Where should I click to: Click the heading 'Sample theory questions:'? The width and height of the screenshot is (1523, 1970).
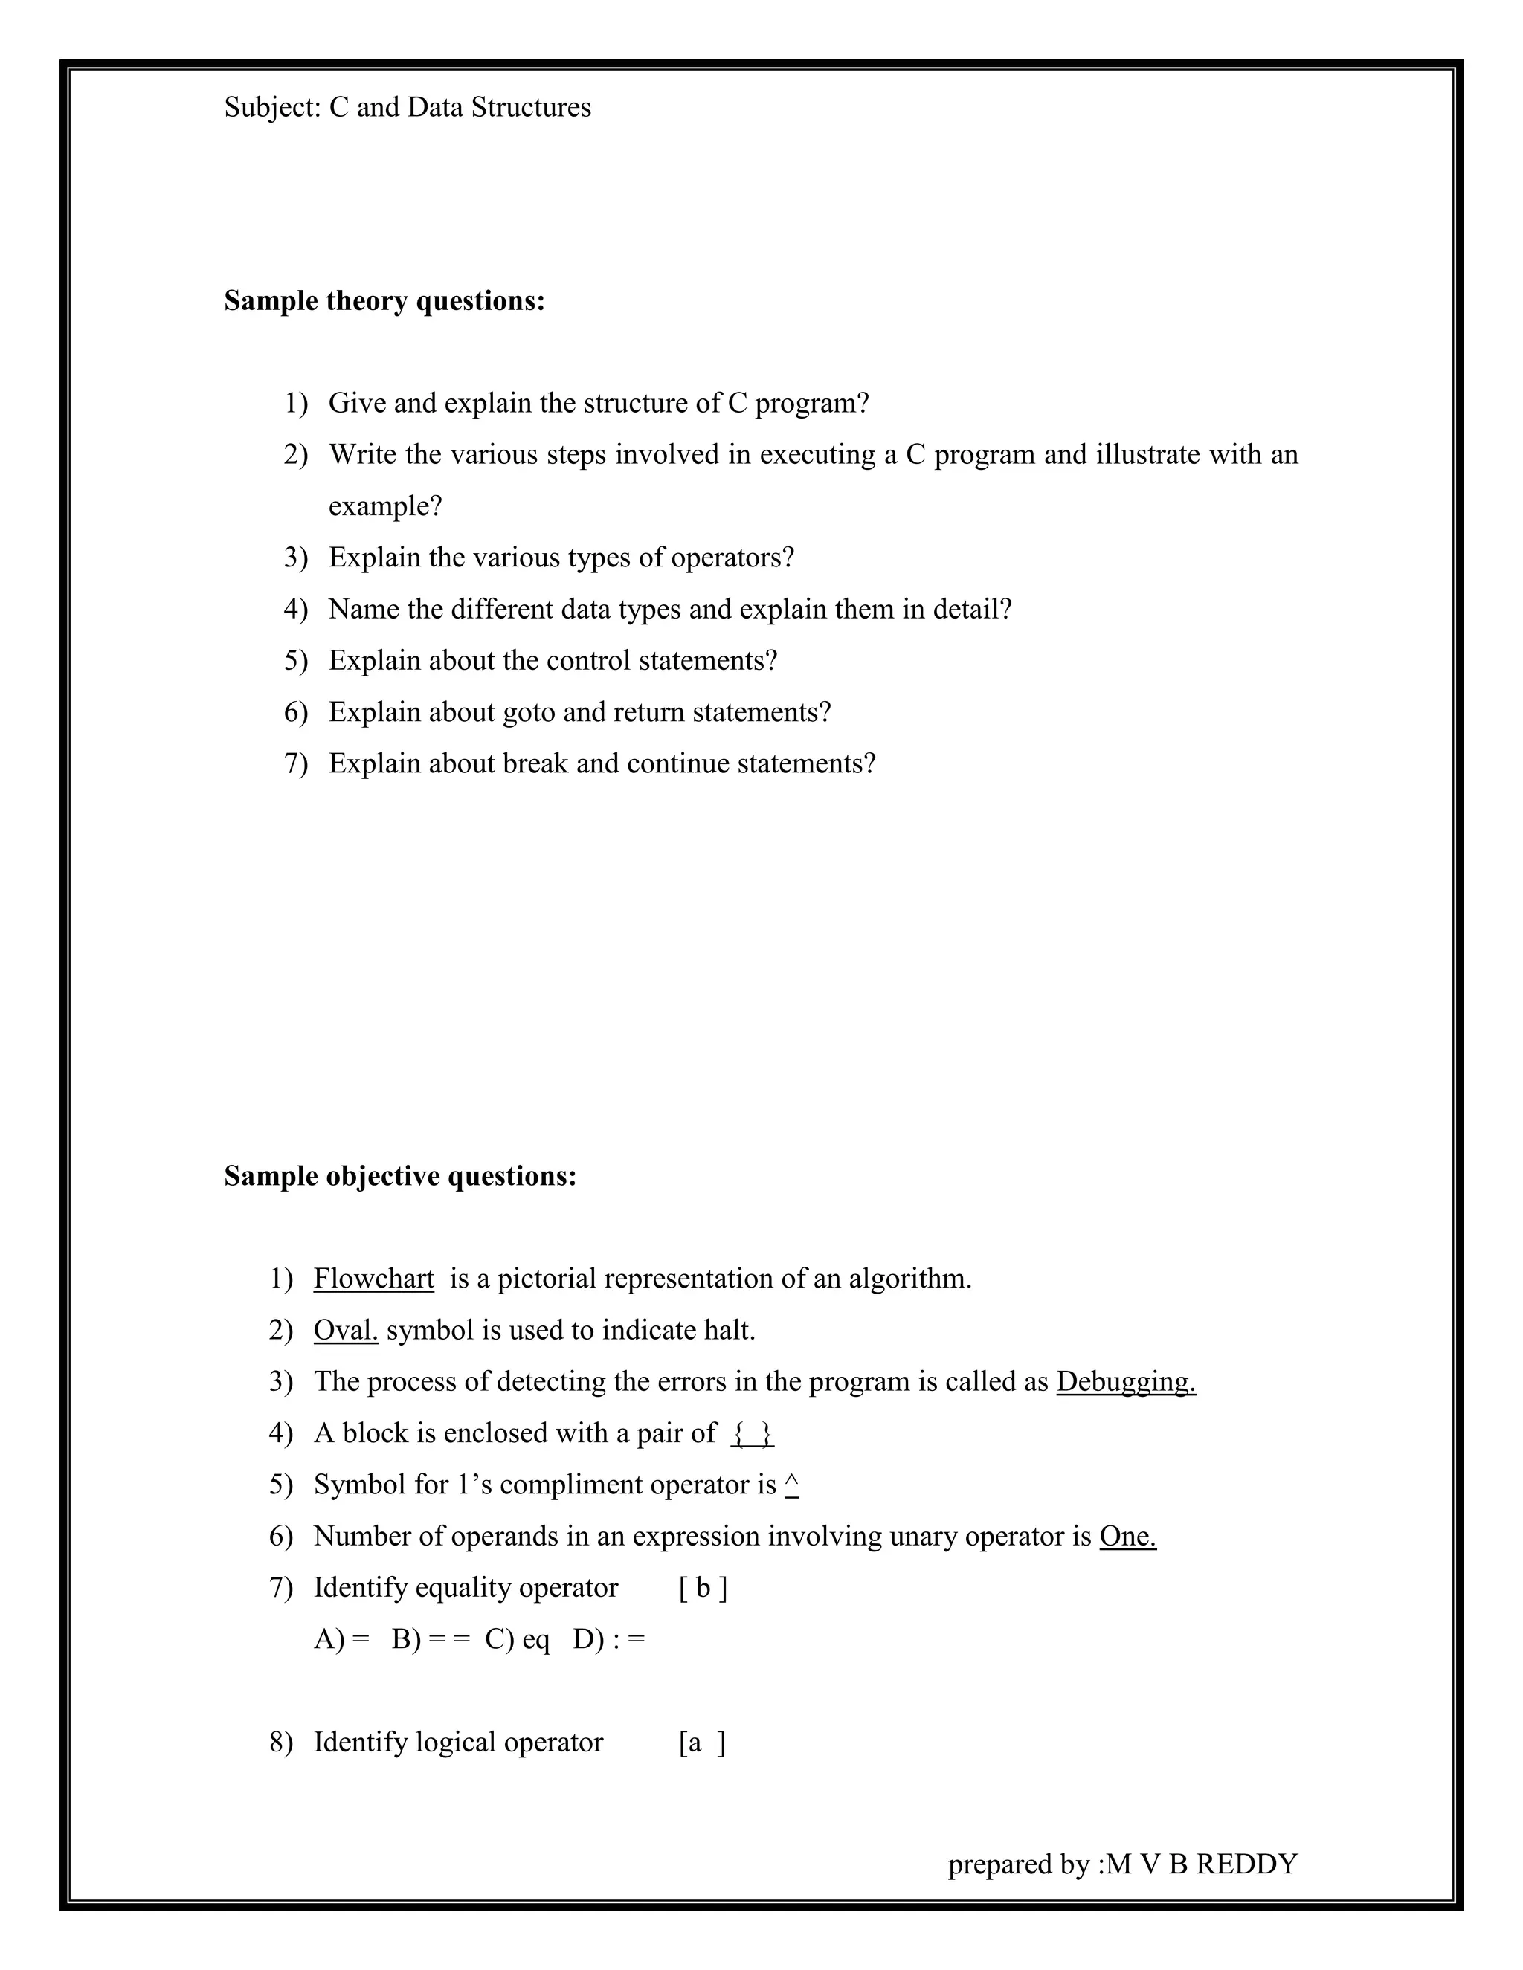[384, 300]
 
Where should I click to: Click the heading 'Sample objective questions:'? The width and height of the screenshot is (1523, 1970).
[399, 1176]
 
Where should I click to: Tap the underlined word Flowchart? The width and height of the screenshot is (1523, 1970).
[373, 1279]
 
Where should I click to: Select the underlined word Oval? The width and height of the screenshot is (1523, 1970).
[346, 1331]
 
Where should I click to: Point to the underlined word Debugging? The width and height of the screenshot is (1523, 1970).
[1126, 1382]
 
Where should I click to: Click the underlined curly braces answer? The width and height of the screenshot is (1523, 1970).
[753, 1433]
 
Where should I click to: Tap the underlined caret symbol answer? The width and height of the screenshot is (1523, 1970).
[792, 1484]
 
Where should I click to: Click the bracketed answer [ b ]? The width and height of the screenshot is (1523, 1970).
[703, 1588]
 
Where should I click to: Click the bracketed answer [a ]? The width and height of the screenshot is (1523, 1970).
[702, 1742]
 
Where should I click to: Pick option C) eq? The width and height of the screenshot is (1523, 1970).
[517, 1639]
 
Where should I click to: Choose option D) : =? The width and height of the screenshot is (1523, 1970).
[609, 1639]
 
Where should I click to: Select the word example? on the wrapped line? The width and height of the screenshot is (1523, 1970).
[385, 507]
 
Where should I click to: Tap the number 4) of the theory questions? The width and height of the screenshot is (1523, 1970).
[296, 610]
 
